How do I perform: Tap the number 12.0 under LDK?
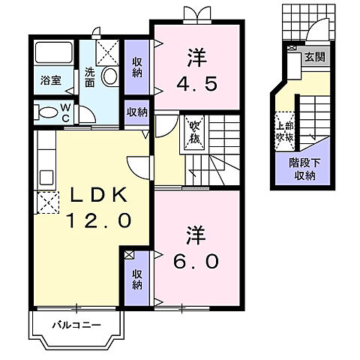pyautogui.click(x=97, y=220)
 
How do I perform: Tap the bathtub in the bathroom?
pyautogui.click(x=53, y=52)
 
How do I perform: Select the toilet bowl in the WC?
pyautogui.click(x=47, y=113)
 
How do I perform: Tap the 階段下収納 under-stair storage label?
pyautogui.click(x=304, y=169)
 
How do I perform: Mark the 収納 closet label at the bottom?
pyautogui.click(x=137, y=280)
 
